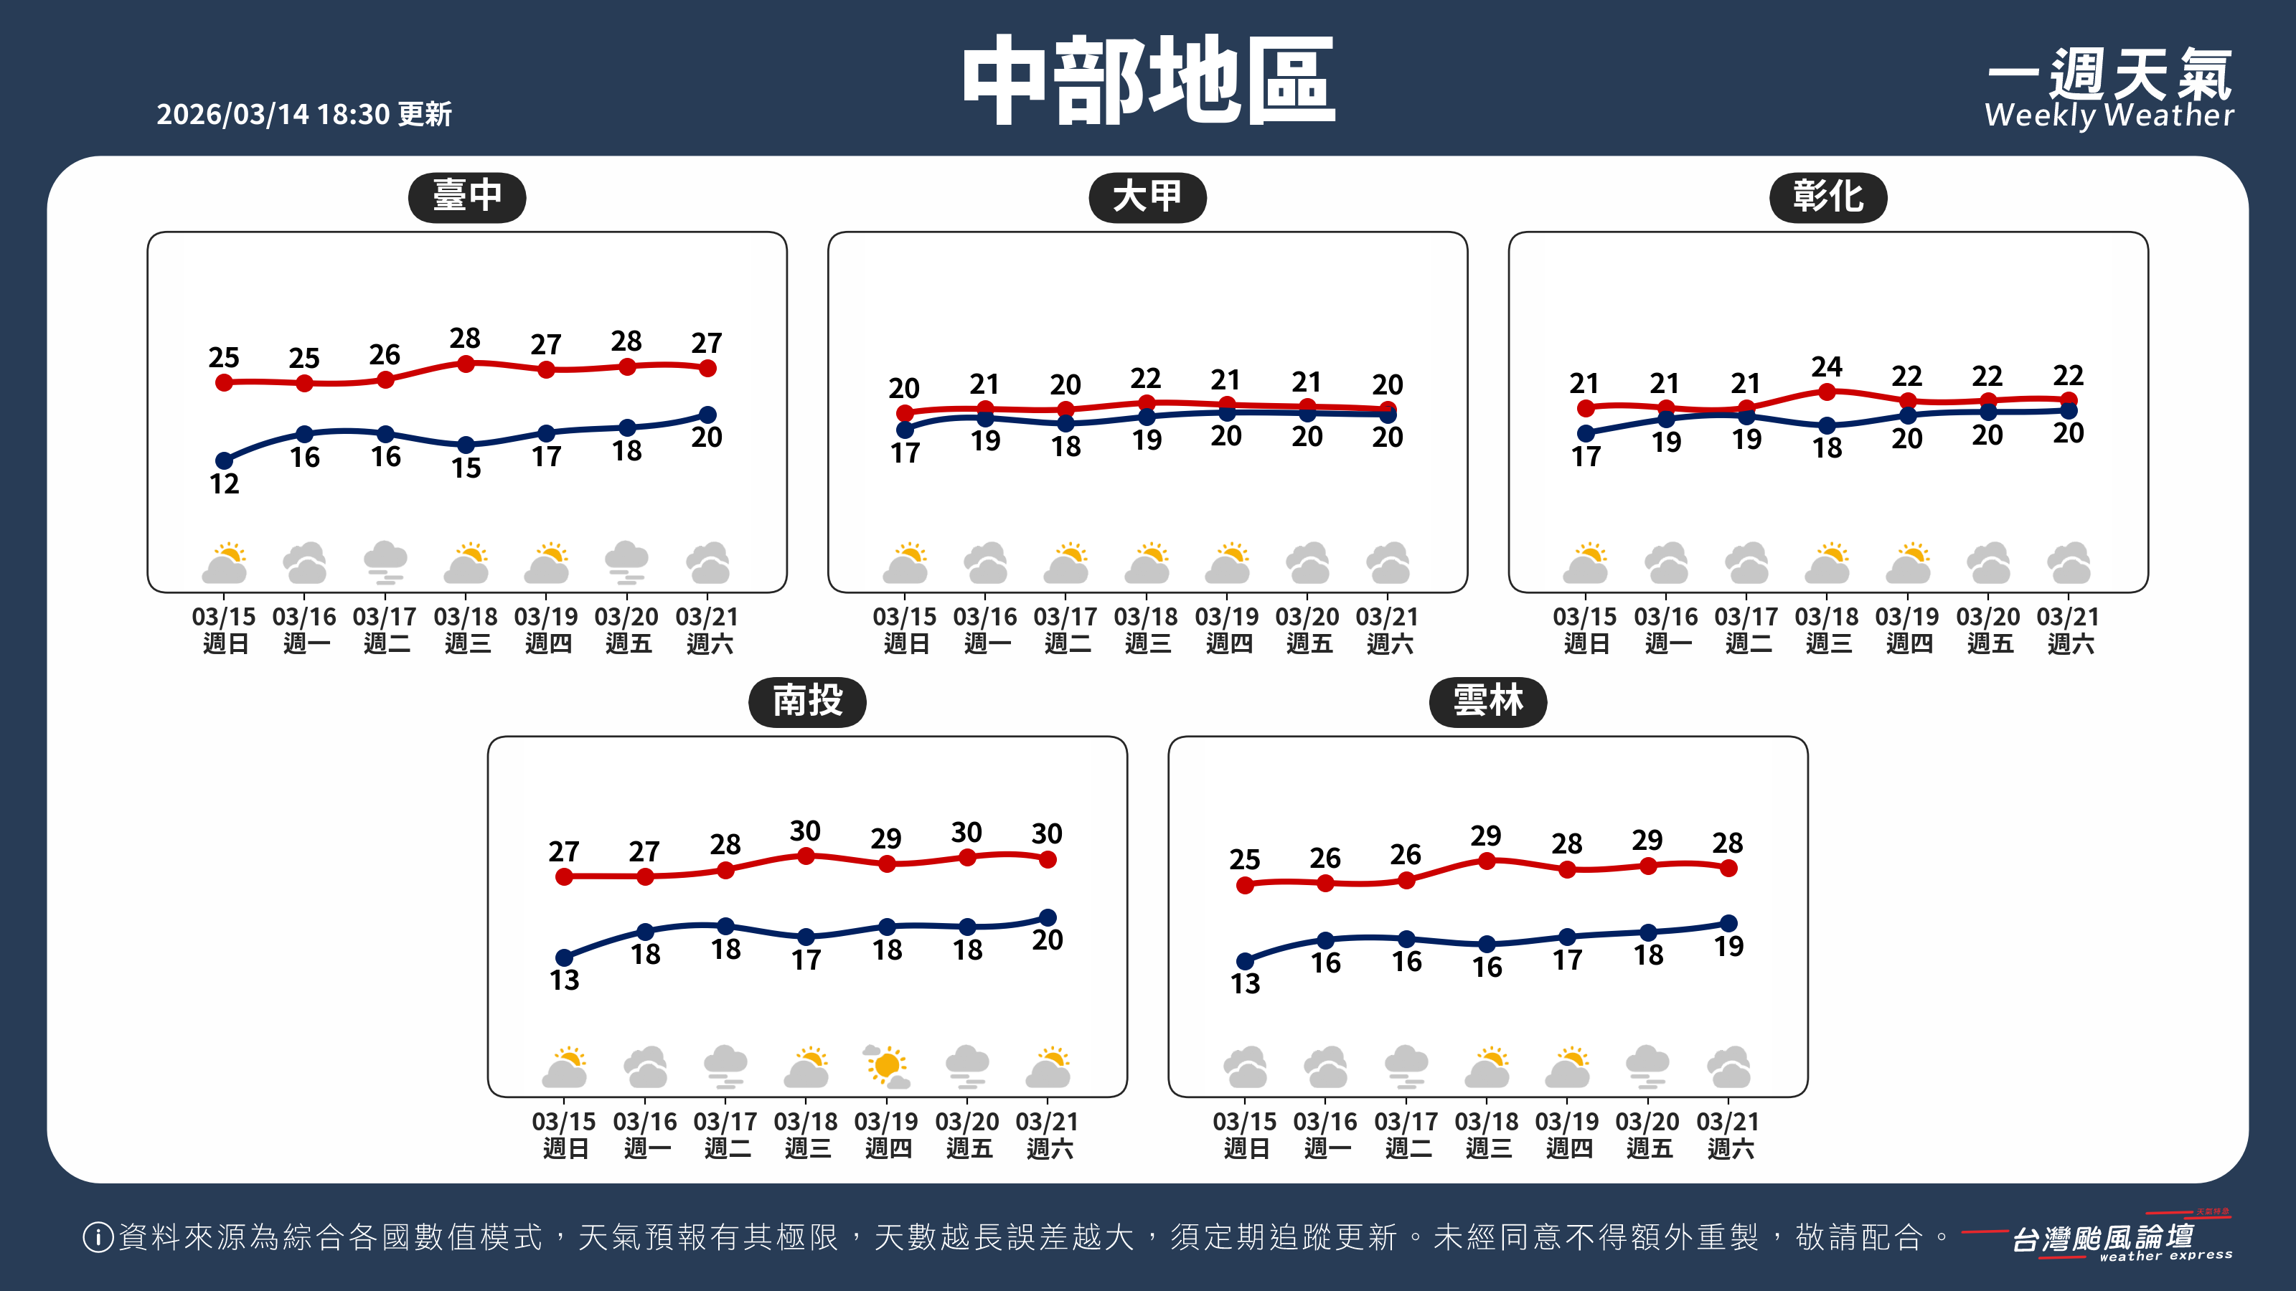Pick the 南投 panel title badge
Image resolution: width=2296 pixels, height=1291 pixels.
point(806,701)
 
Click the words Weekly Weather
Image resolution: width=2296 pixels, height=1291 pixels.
point(2109,115)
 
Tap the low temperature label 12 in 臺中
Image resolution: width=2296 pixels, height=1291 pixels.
point(224,485)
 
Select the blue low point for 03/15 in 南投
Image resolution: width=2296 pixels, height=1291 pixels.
point(564,957)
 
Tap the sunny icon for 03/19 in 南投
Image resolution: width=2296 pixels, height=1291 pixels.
point(887,1067)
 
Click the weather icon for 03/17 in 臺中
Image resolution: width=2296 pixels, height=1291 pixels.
point(385,562)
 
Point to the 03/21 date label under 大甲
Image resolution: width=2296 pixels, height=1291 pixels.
point(1388,618)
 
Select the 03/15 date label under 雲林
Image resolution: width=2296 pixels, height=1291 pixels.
point(1244,1122)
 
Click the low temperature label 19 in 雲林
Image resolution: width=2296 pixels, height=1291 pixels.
point(1728,947)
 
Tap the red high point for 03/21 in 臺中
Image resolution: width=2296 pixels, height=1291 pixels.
point(707,368)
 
